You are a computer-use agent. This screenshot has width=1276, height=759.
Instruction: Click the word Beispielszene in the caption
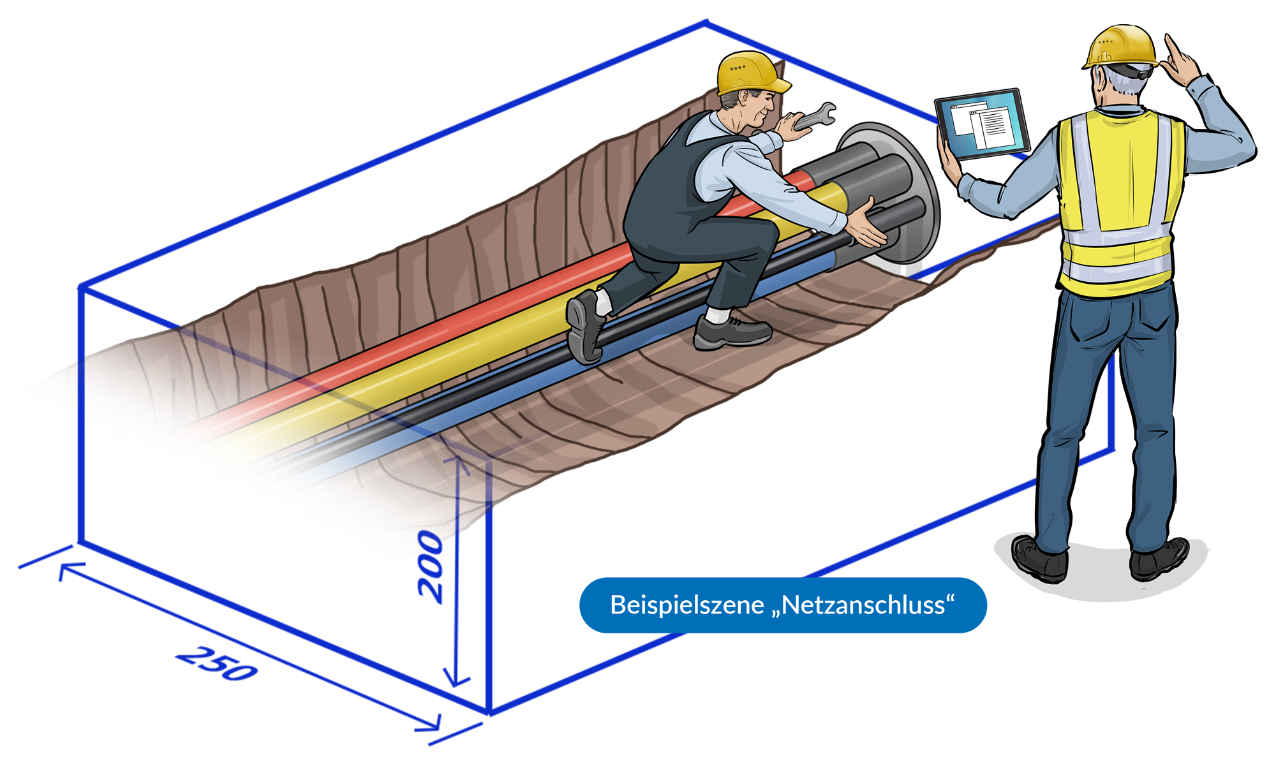click(686, 605)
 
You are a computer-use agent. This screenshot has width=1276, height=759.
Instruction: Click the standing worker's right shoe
click(1158, 559)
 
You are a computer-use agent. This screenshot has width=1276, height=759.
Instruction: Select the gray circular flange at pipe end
click(919, 191)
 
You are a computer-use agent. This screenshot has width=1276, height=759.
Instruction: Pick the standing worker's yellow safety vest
click(1116, 198)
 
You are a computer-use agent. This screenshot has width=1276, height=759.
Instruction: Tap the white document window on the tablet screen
click(993, 128)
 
